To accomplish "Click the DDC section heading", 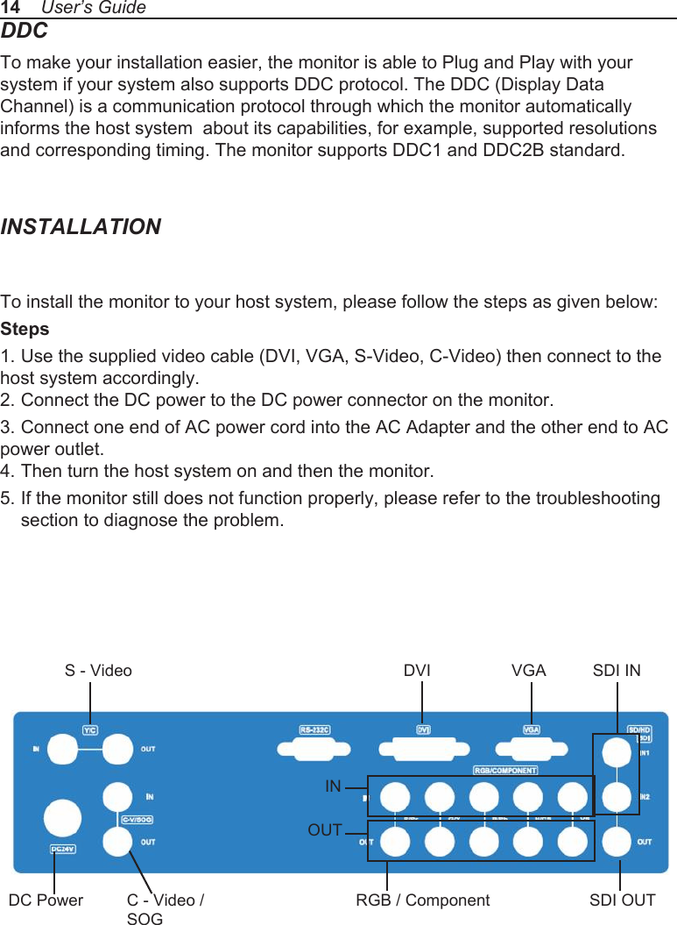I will [x=25, y=32].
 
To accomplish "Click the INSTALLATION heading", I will [x=81, y=227].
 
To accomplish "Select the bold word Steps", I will [x=25, y=330].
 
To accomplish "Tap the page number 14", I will [x=11, y=8].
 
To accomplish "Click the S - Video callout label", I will [x=98, y=671].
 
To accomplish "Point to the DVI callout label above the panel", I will [x=417, y=671].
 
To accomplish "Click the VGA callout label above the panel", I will [x=528, y=671].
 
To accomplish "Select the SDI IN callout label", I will [x=617, y=671].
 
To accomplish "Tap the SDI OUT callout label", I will [x=622, y=900].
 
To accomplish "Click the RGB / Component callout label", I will [x=423, y=900].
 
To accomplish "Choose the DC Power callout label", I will [x=46, y=900].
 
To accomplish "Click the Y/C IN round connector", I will [x=64, y=750].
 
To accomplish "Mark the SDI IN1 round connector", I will [x=617, y=751].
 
